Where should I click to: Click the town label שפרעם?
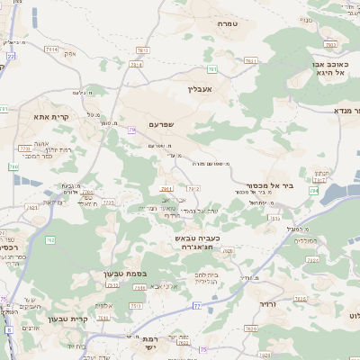click(x=162, y=124)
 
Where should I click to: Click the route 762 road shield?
click(x=50, y=239)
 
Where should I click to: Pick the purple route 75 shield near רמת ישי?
click(x=203, y=349)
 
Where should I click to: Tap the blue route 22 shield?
click(x=12, y=56)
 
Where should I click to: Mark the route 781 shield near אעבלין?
click(x=212, y=68)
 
